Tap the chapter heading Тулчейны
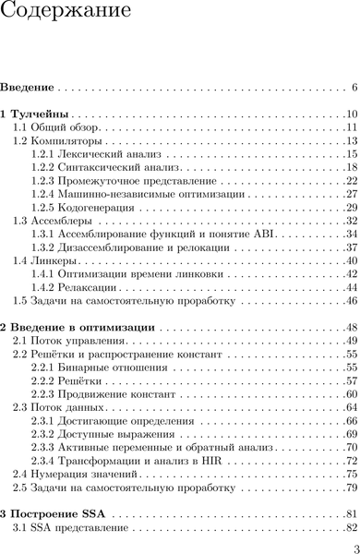46,114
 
